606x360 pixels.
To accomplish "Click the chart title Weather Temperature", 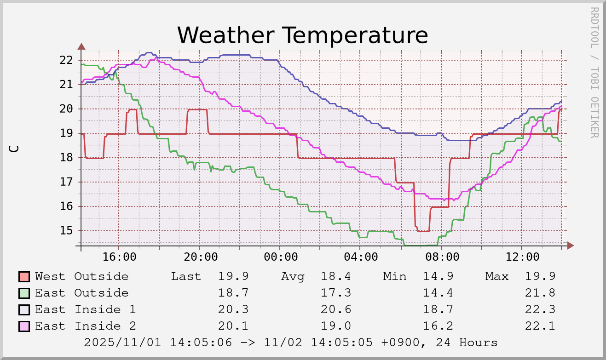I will pos(302,35).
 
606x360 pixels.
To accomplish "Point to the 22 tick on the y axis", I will pos(67,60).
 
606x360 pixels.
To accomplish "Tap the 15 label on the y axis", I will pos(67,230).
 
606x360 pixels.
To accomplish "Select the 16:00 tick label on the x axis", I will pos(119,257).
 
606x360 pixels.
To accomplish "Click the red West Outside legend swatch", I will pos(24,277).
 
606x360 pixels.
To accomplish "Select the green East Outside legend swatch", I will pos(24,293).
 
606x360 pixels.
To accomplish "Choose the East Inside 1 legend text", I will pos(86,309).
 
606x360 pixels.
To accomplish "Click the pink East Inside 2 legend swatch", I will pos(24,326).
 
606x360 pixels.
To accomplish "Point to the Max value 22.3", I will pos(540,309).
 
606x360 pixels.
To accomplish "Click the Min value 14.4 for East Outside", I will pos(438,293).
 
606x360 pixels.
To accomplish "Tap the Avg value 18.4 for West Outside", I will pos(336,276).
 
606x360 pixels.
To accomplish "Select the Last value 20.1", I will pos(233,326).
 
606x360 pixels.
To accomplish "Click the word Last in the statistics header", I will pos(186,276).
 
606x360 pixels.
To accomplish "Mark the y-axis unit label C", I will pos(15,149).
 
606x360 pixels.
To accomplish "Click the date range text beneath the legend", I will pos(291,343).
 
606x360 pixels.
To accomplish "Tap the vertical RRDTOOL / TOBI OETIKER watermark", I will pos(594,72).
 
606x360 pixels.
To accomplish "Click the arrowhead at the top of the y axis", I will pos(81,46).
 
